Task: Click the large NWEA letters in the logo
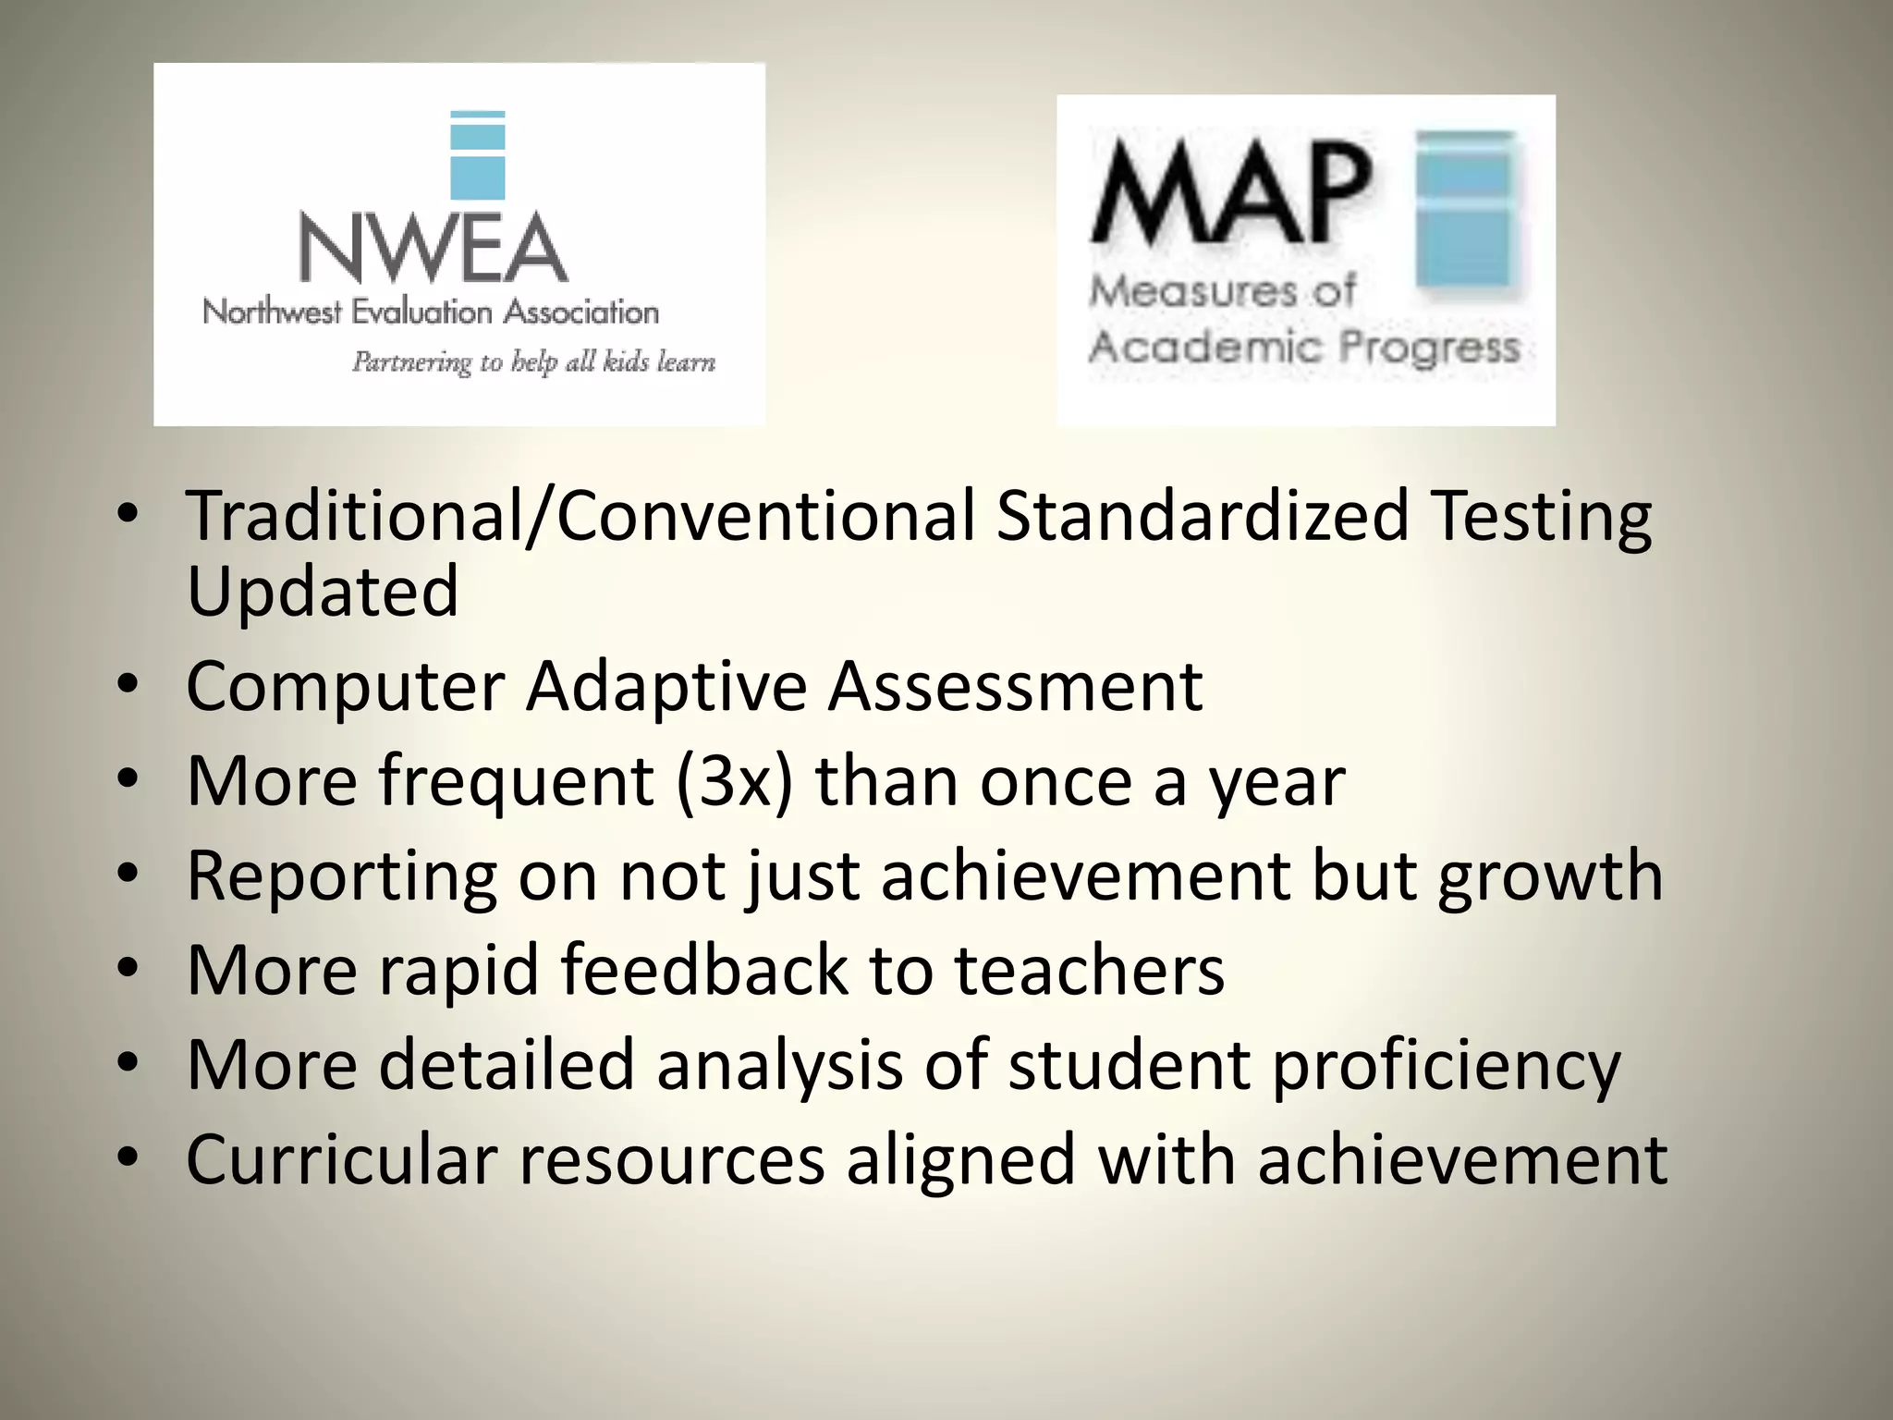click(433, 248)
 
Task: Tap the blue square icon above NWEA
click(477, 155)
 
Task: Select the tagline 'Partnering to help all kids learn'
click(533, 361)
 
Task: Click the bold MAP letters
click(1230, 194)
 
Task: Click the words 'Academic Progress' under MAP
click(1304, 348)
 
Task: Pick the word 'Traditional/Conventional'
click(580, 515)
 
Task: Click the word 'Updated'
click(323, 591)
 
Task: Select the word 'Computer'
click(346, 687)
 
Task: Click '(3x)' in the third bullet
click(735, 782)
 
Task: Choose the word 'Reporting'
click(341, 876)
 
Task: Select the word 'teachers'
click(1089, 970)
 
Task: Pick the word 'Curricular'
click(342, 1159)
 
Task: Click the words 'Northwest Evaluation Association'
click(431, 312)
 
